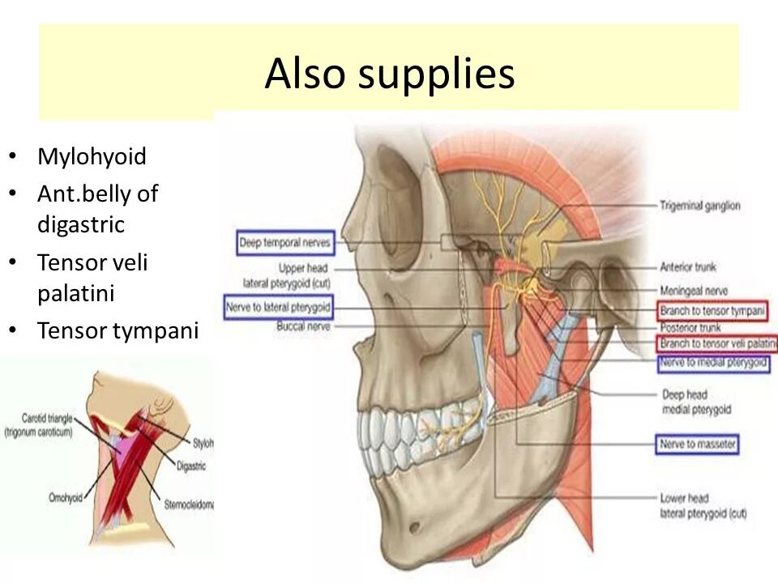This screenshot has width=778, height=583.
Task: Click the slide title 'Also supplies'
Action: click(x=389, y=74)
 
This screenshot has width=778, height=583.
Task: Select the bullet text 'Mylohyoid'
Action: click(x=92, y=156)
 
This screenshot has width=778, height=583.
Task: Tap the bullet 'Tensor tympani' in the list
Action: click(x=118, y=331)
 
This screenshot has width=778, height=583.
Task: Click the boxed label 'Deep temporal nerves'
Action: click(x=285, y=242)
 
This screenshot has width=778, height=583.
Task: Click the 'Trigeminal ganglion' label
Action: click(x=699, y=206)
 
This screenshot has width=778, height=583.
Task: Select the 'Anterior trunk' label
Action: click(x=688, y=266)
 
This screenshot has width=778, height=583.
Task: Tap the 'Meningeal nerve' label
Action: click(x=694, y=291)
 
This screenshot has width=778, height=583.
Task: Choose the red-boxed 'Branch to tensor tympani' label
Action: click(x=713, y=311)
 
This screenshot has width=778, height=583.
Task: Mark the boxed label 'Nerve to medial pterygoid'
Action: click(x=713, y=363)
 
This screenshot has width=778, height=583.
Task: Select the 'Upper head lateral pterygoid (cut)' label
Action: click(x=289, y=274)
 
